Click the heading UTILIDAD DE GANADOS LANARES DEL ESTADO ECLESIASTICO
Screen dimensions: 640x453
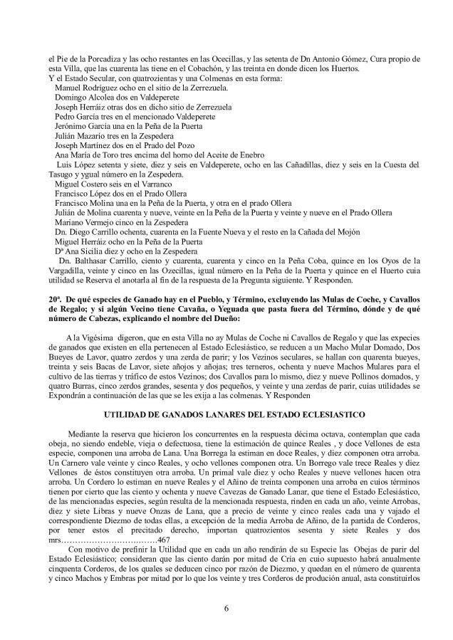(x=226, y=414)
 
